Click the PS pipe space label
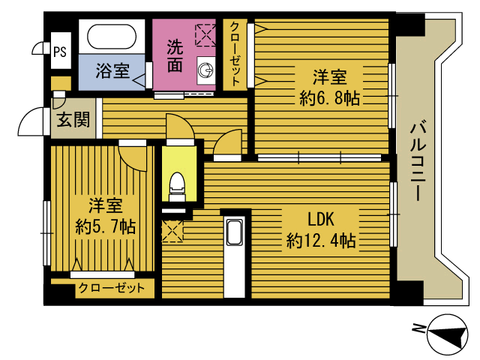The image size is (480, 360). pyautogui.click(x=60, y=52)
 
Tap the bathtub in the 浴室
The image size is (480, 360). pyautogui.click(x=112, y=37)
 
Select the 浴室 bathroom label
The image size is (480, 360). pyautogui.click(x=112, y=70)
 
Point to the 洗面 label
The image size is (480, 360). pyautogui.click(x=175, y=56)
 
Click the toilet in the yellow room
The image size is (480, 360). pyautogui.click(x=178, y=187)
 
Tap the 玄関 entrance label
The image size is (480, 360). pyautogui.click(x=73, y=119)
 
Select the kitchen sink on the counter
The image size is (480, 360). pyautogui.click(x=235, y=232)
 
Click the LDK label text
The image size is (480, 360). pyautogui.click(x=320, y=220)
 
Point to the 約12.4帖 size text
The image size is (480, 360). pyautogui.click(x=321, y=241)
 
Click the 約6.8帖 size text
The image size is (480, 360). pyautogui.click(x=329, y=98)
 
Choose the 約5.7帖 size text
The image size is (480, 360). pyautogui.click(x=106, y=226)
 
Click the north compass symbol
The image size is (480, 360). pyautogui.click(x=448, y=334)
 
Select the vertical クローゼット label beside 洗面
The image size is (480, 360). pyautogui.click(x=235, y=54)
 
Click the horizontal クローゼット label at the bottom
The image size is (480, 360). pyautogui.click(x=112, y=288)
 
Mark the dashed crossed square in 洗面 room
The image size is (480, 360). pyautogui.click(x=205, y=35)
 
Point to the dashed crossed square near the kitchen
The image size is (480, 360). pyautogui.click(x=172, y=231)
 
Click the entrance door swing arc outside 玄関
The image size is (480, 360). pyautogui.click(x=31, y=121)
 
